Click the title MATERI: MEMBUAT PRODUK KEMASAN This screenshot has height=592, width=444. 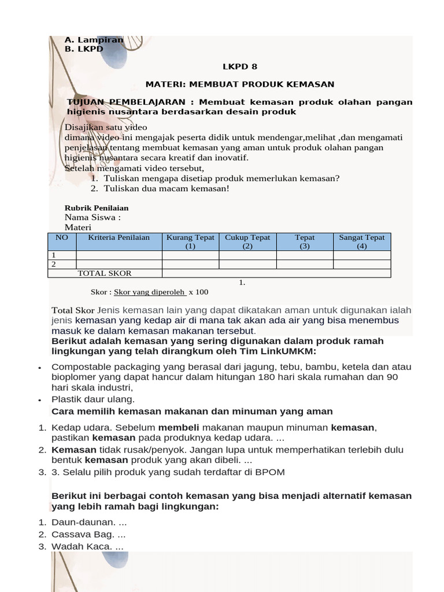(x=239, y=84)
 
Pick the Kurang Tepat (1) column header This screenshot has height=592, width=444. (x=190, y=242)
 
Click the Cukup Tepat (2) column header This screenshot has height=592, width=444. (x=247, y=242)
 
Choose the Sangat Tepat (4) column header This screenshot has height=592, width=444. (x=362, y=242)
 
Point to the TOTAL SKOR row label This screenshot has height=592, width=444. (x=105, y=273)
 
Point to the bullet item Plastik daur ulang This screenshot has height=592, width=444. (x=93, y=399)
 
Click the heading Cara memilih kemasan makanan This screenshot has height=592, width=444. (x=192, y=412)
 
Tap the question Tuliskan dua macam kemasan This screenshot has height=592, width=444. (x=166, y=188)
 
